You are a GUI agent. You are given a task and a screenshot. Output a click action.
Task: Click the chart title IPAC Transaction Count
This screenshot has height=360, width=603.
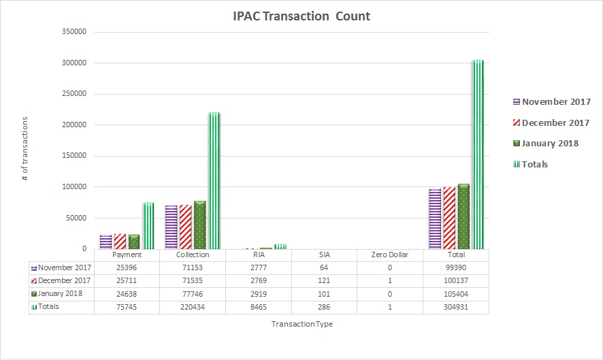(301, 16)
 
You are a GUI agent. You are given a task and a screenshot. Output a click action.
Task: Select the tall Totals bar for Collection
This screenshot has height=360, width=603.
(214, 180)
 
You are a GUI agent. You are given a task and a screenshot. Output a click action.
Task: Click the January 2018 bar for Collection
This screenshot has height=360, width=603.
(200, 225)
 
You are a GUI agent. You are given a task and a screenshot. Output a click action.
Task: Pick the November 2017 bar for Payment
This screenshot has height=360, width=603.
(105, 241)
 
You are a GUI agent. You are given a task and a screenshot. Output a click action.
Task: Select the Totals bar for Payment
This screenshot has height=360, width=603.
(148, 225)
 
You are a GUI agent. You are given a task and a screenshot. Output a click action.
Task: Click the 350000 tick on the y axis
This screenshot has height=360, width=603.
(75, 32)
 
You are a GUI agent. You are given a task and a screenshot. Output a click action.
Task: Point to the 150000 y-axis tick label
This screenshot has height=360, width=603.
(75, 125)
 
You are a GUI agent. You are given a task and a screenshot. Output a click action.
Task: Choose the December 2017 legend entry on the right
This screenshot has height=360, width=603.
(551, 122)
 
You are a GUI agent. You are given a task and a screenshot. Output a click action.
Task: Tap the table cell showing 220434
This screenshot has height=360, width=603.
(192, 307)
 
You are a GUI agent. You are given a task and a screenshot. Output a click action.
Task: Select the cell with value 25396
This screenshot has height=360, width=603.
(126, 268)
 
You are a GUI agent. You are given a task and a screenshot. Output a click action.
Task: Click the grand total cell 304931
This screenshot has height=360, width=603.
(455, 307)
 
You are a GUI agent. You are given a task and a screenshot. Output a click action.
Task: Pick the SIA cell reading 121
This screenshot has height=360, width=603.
(323, 281)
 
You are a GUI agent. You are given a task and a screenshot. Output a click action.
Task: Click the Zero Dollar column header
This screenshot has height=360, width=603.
(389, 255)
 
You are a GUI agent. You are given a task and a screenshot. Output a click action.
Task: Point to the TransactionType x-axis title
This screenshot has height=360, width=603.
(302, 325)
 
